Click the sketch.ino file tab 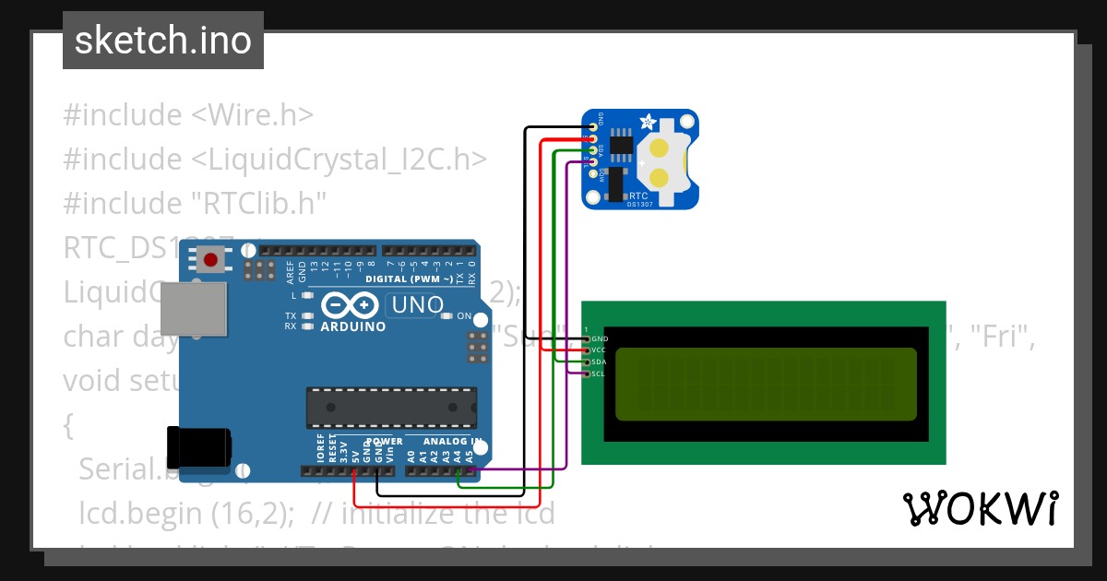click(x=162, y=41)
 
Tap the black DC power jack click(x=197, y=446)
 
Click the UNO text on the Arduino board click(x=418, y=304)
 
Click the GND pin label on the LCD click(x=600, y=339)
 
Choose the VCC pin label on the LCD click(x=600, y=350)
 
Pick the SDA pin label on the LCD click(x=600, y=362)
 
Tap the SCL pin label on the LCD click(x=600, y=373)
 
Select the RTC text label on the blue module click(x=638, y=196)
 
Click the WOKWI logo click(x=981, y=508)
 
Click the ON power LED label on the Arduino click(x=465, y=316)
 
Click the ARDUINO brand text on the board click(x=353, y=326)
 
